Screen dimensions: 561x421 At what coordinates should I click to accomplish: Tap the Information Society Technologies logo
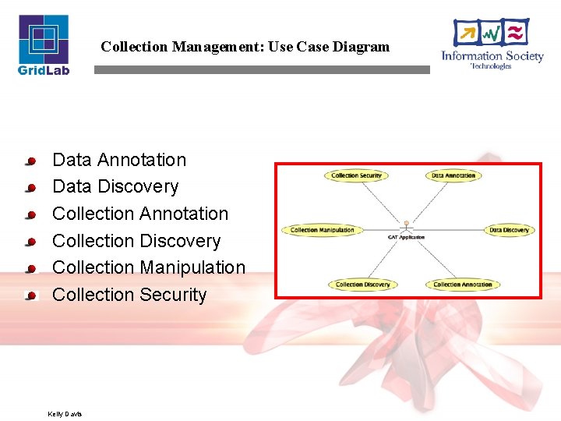(492, 44)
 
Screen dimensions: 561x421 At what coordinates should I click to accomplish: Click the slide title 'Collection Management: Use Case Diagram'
(245, 47)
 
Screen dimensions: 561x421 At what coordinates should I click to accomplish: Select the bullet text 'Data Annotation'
(119, 160)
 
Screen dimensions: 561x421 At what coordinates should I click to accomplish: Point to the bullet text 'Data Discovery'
(115, 187)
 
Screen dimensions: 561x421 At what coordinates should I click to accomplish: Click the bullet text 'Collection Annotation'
(140, 214)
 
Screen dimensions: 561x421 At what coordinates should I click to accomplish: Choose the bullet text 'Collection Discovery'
(136, 241)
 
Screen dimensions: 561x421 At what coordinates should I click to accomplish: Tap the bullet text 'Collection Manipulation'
(149, 267)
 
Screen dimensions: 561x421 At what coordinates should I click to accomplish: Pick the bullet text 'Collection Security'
(129, 295)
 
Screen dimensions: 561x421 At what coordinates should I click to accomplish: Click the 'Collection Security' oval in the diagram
(356, 175)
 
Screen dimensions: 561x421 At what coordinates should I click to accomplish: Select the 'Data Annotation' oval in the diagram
(453, 175)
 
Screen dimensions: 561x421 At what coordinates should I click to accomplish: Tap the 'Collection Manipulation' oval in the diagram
(322, 230)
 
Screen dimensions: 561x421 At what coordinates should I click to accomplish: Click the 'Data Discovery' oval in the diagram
(509, 230)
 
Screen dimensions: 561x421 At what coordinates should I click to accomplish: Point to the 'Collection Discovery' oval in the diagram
(362, 285)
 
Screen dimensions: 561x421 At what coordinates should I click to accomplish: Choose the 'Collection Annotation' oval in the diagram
(463, 285)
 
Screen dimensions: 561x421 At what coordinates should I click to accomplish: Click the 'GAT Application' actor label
(406, 237)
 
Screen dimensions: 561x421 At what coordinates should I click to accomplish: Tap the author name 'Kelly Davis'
(65, 413)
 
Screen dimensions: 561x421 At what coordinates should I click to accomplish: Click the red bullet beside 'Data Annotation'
(31, 161)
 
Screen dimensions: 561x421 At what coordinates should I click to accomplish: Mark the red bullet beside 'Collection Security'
(31, 296)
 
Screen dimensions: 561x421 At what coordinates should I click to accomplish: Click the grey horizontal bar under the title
(262, 69)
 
